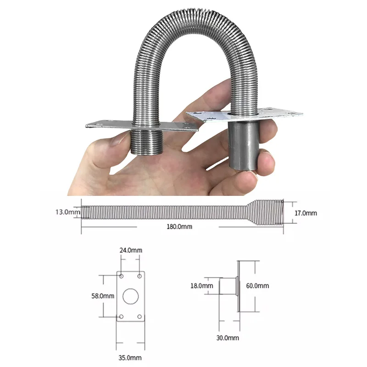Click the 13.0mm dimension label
[67, 212]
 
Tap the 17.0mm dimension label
[305, 213]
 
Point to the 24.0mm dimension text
[131, 250]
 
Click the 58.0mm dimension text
[103, 296]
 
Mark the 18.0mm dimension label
[202, 286]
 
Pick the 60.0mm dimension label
[258, 286]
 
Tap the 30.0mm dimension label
[228, 338]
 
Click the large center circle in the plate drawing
[131, 296]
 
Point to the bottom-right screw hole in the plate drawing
[139, 317]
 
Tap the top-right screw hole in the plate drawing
[139, 277]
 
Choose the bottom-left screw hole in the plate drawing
[122, 317]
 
